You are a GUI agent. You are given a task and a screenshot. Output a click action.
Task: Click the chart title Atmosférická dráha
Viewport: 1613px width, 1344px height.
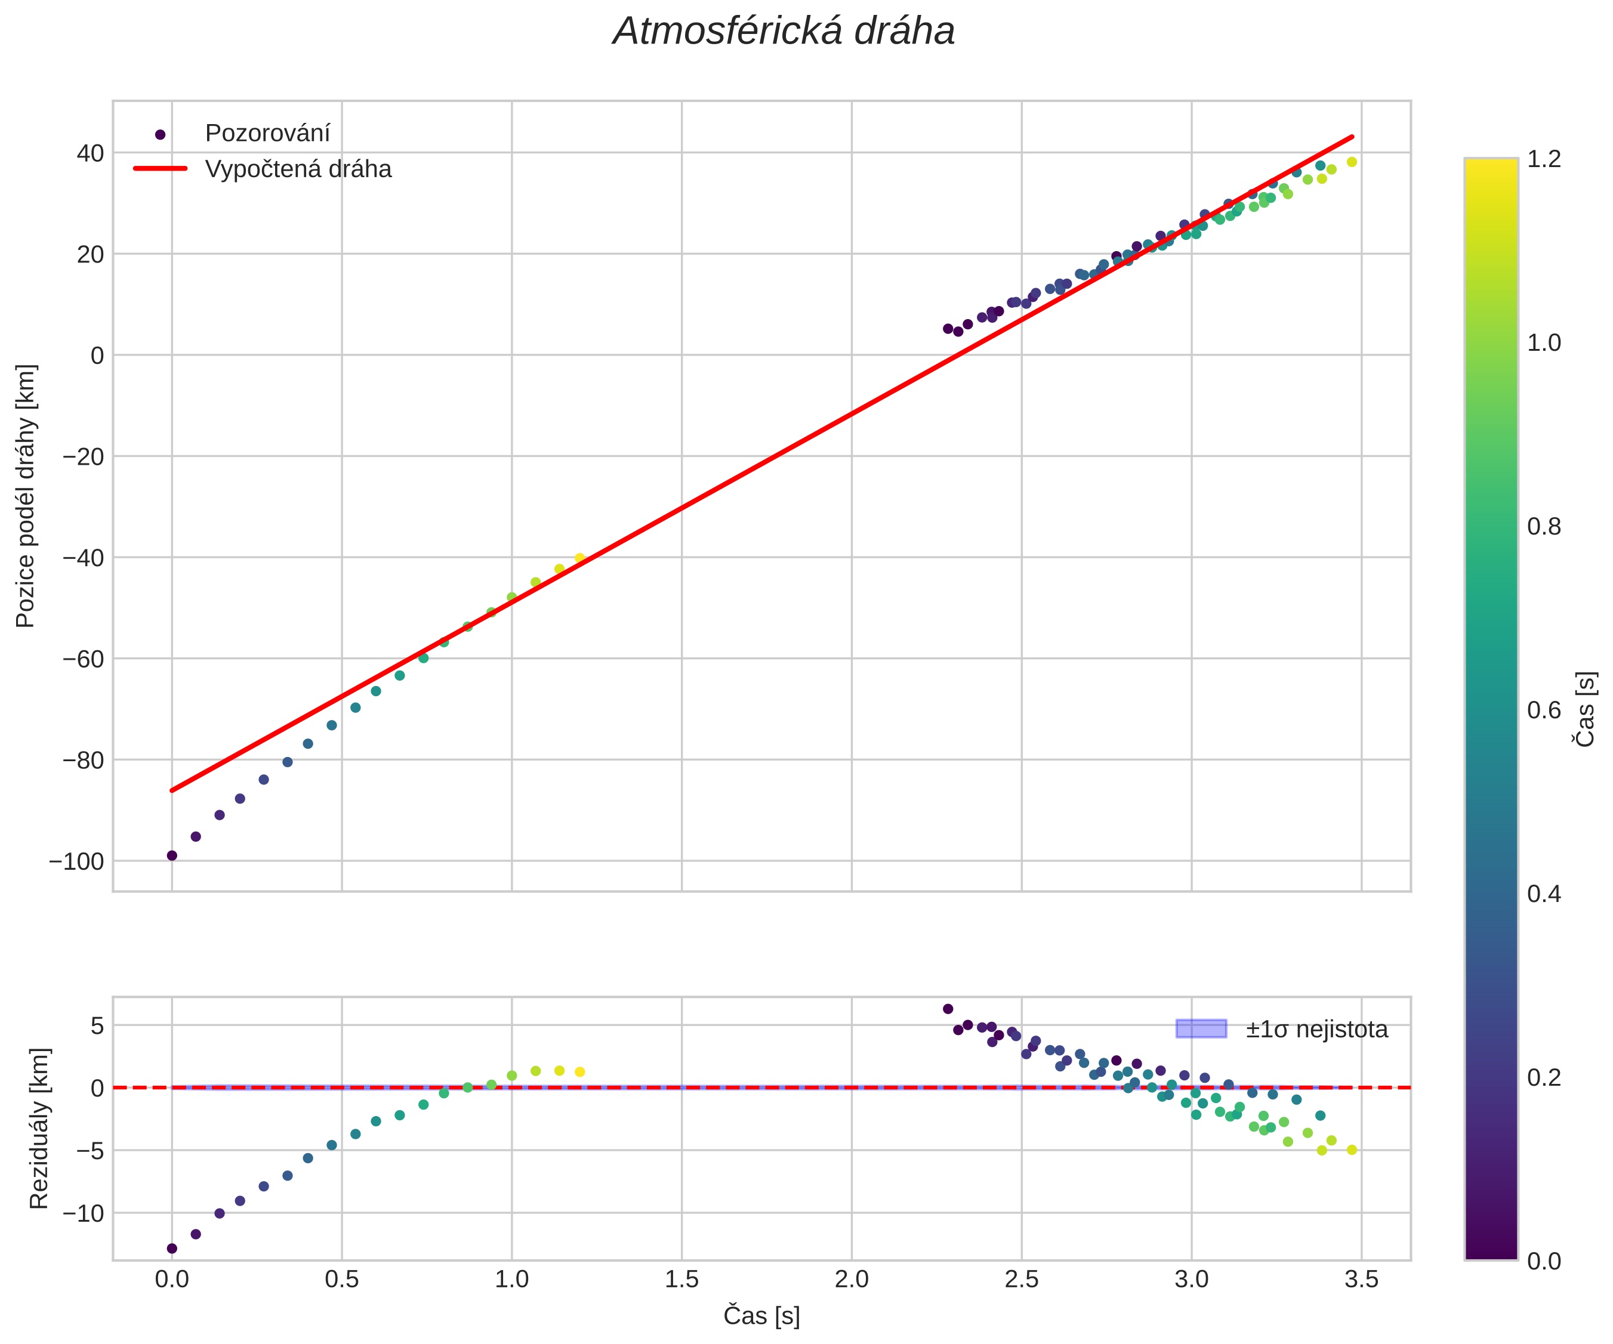pos(784,32)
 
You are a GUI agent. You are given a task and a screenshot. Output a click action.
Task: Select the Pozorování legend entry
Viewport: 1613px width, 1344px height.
pos(267,134)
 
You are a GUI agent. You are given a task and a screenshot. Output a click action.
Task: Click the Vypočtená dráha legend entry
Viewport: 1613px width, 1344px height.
pos(298,169)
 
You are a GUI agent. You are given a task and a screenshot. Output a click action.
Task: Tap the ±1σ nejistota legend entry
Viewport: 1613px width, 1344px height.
pos(1316,1029)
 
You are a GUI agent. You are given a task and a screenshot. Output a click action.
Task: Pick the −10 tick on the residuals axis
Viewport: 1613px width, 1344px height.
pos(84,1213)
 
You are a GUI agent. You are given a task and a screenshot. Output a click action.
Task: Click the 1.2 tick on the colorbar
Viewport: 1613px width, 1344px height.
pos(1544,159)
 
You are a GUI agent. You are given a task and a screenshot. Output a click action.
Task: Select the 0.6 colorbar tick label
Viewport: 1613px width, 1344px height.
pos(1544,710)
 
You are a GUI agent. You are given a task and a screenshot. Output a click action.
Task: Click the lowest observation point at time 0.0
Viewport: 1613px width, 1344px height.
pos(172,855)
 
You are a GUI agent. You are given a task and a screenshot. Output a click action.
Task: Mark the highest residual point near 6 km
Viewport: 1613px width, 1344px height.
pos(948,1009)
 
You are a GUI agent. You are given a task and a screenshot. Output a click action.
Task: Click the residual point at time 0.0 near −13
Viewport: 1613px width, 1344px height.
pos(172,1249)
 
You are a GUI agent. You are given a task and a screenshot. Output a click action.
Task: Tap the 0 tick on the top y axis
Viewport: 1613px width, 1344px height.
pos(97,356)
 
